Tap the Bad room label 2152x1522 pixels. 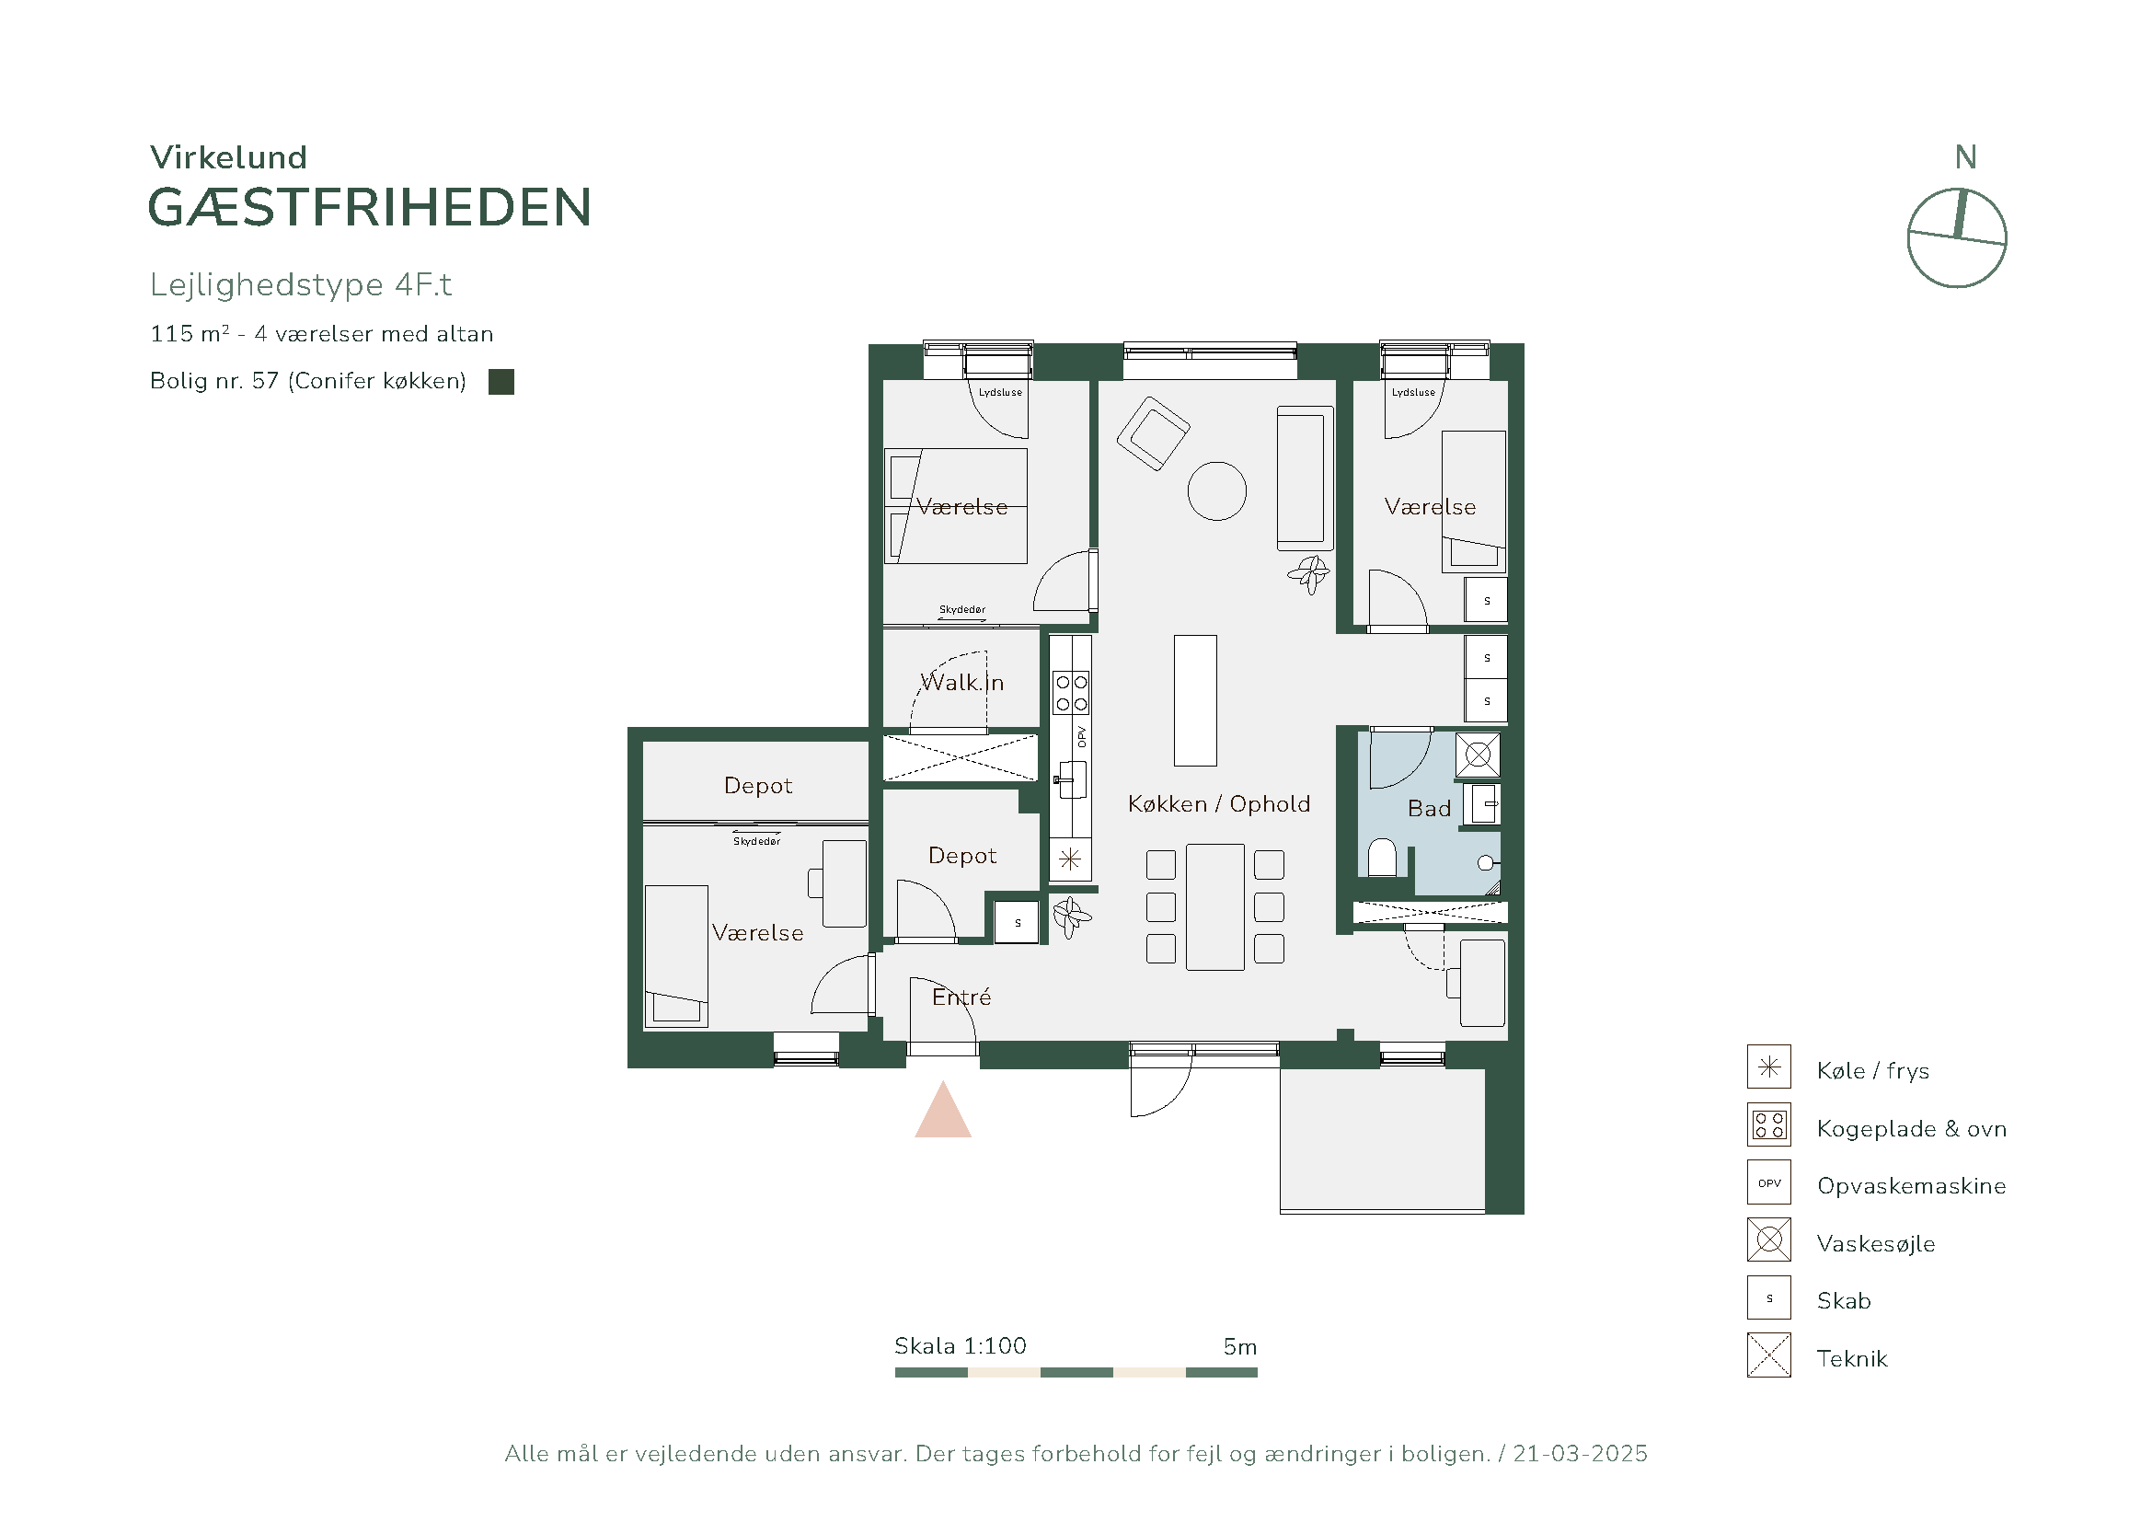click(1430, 809)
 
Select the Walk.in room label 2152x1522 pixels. click(962, 682)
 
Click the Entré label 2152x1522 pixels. click(961, 997)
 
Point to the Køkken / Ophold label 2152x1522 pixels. click(1218, 804)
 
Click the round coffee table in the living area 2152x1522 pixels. click(1216, 491)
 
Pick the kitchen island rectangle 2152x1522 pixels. click(1196, 701)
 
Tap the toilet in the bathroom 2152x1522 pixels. click(1383, 858)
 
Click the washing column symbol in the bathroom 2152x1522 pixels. click(1479, 755)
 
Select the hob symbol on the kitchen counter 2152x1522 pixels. click(1071, 693)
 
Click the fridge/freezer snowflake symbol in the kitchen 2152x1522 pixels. click(1070, 859)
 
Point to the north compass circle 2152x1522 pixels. click(1957, 238)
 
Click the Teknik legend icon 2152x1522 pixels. click(1768, 1355)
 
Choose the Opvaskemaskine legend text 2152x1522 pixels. click(1911, 1185)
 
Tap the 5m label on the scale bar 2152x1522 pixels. click(1240, 1347)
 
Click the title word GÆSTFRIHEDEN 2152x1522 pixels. click(370, 207)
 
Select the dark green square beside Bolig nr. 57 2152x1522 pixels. click(501, 382)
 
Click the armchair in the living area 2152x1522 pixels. click(1153, 433)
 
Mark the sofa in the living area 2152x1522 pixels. click(1305, 478)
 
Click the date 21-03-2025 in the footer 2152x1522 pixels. click(1581, 1454)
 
